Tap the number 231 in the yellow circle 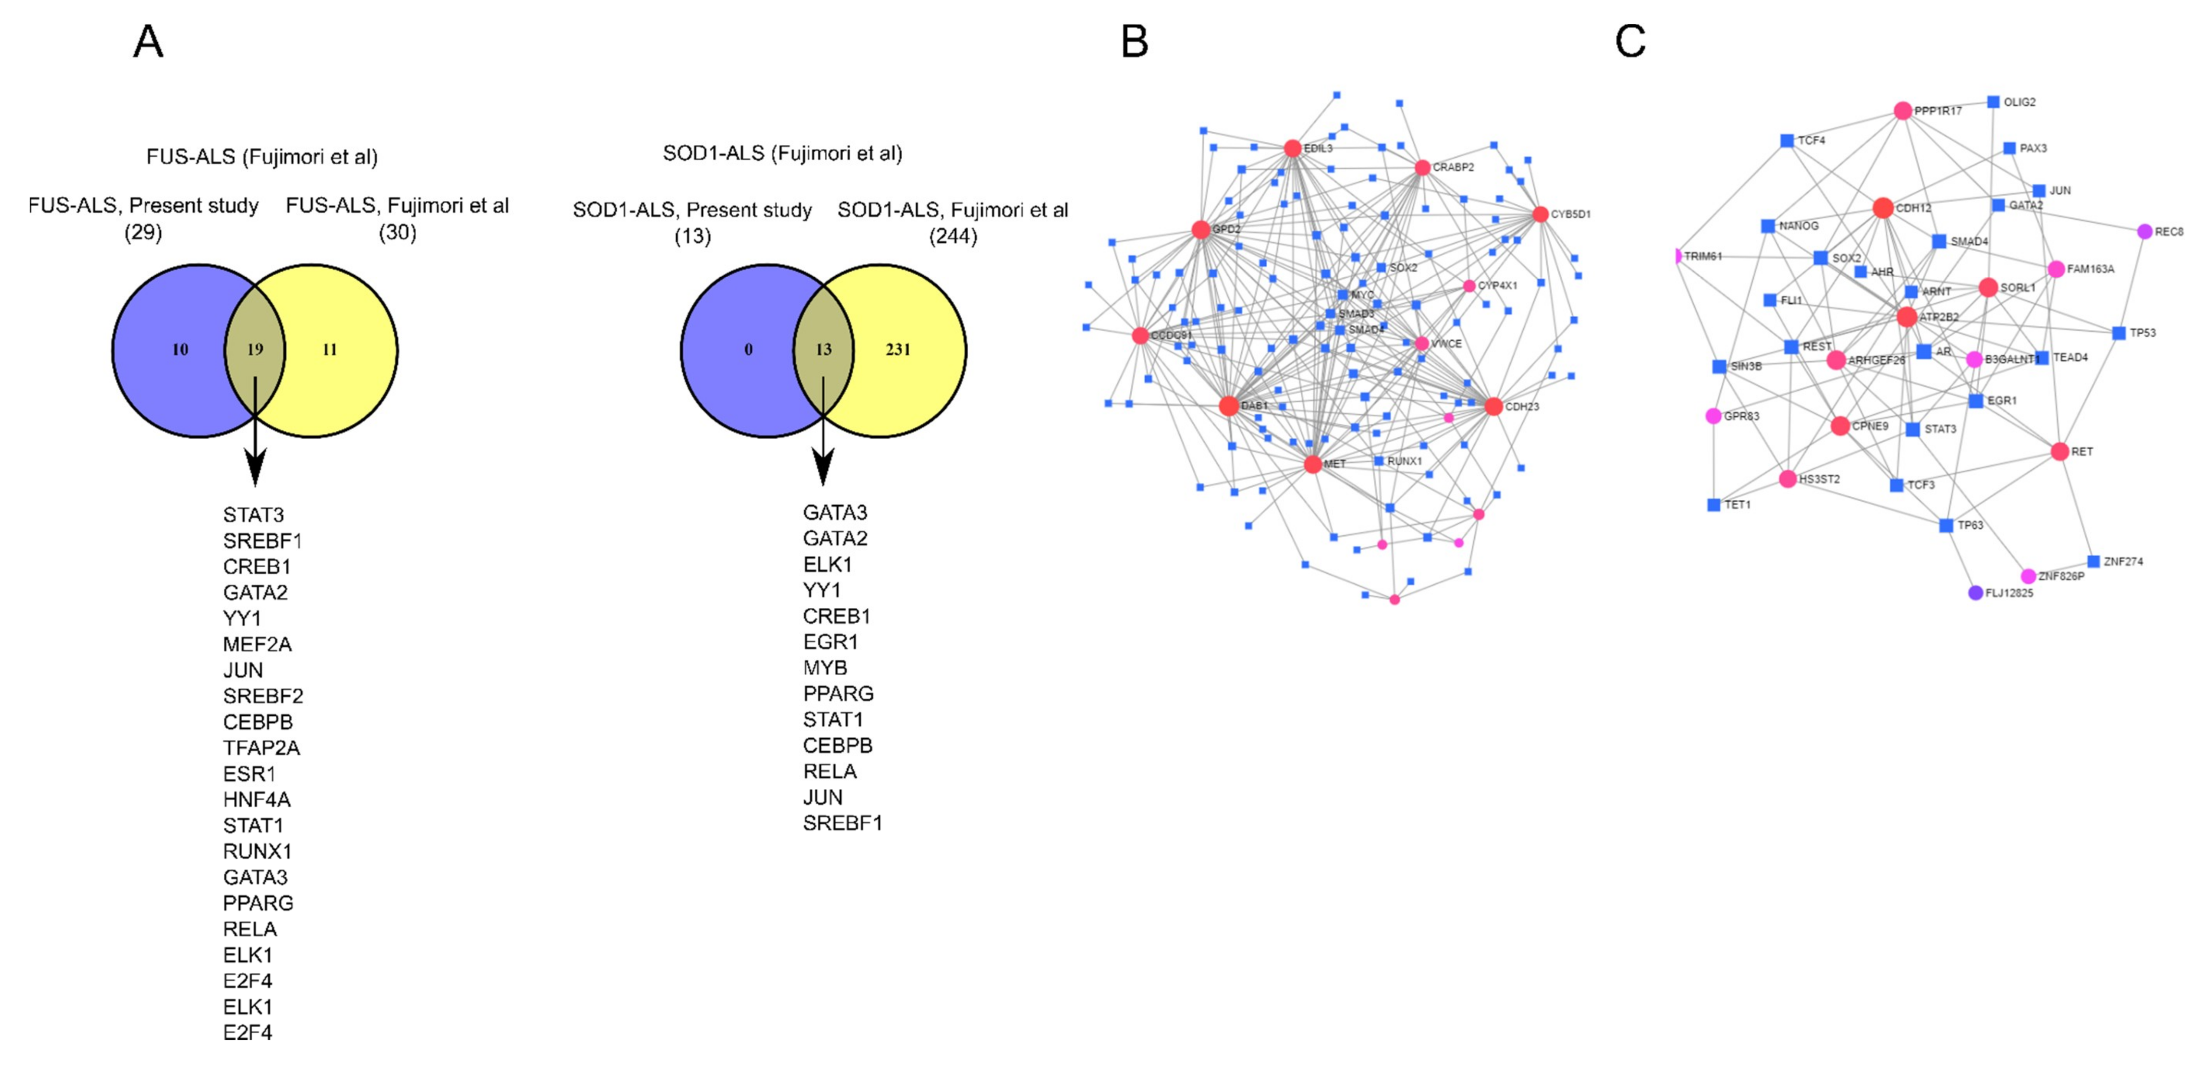pos(897,349)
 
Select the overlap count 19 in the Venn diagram pos(255,349)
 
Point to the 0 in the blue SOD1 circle pos(748,349)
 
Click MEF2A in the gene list pos(257,644)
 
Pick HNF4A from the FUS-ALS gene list pos(256,799)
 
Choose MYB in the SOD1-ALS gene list pos(825,667)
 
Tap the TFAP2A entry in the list pos(261,748)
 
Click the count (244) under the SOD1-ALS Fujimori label pos(953,236)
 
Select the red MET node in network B pos(1312,464)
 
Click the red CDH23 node pos(1493,407)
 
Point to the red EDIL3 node pos(1292,148)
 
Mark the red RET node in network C pos(2060,451)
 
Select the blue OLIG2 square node pos(1993,102)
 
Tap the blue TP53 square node pos(2119,333)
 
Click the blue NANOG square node pos(1767,226)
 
